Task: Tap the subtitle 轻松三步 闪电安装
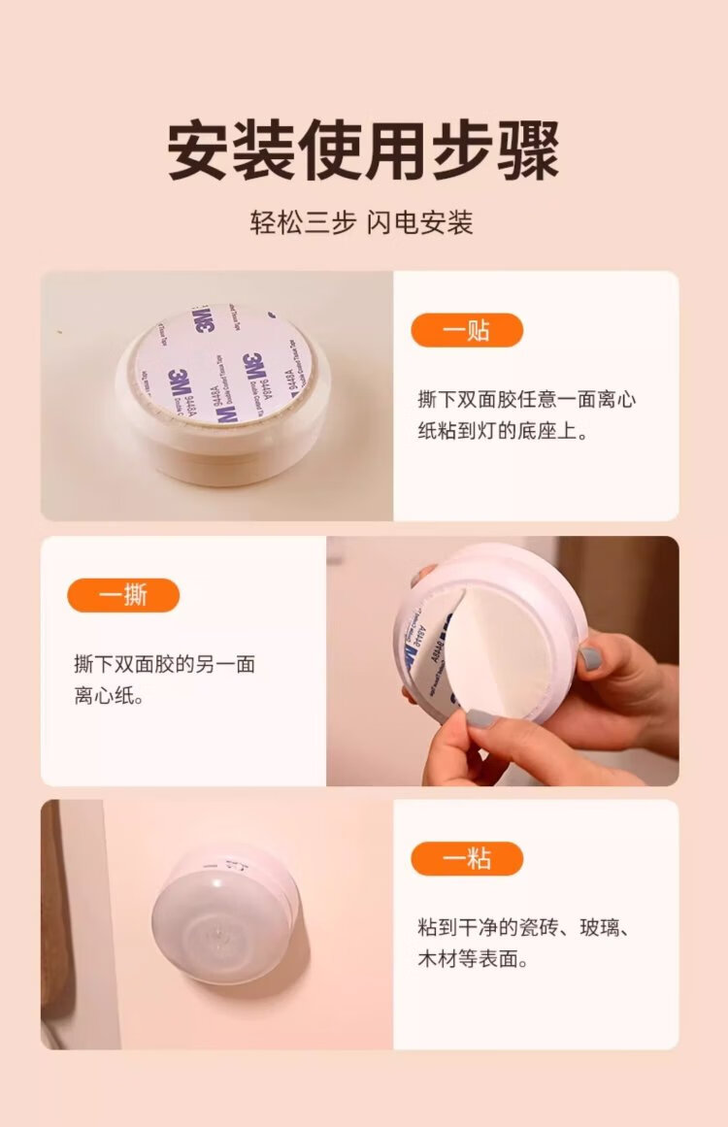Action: pyautogui.click(x=362, y=222)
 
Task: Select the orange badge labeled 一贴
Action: pyautogui.click(x=467, y=331)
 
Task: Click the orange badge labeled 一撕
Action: pyautogui.click(x=123, y=595)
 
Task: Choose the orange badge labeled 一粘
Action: pyautogui.click(x=467, y=859)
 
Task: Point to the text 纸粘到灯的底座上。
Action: pyautogui.click(x=503, y=431)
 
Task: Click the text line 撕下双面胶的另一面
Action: pyautogui.click(x=165, y=663)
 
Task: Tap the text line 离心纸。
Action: pyautogui.click(x=110, y=696)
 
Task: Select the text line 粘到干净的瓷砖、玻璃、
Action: pyautogui.click(x=524, y=927)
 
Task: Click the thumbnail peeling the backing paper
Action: pyautogui.click(x=503, y=660)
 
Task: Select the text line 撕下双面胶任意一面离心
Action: pyautogui.click(x=527, y=399)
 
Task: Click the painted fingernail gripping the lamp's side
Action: pyautogui.click(x=591, y=657)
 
